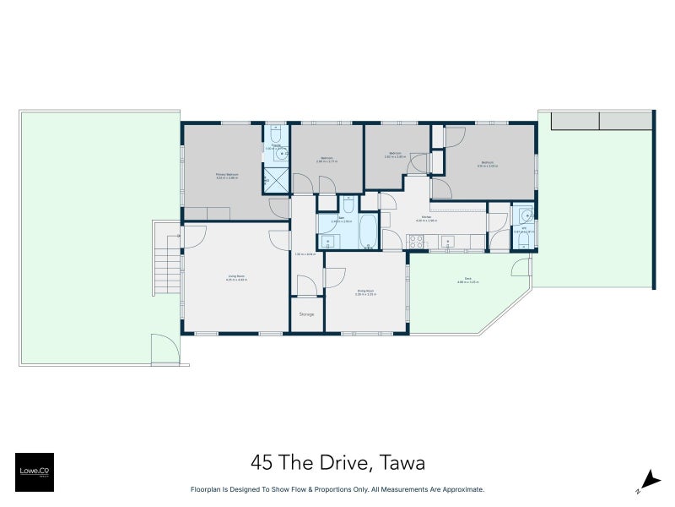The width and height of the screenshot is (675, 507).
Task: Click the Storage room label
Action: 306,314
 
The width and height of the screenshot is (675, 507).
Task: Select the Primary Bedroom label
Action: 227,176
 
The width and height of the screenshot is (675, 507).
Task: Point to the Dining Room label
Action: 365,292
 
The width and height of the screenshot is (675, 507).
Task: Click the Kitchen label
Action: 427,217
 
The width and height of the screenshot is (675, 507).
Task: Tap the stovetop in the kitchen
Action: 416,241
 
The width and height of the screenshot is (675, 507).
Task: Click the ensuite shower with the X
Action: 275,179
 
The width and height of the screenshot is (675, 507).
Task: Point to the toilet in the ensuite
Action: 276,135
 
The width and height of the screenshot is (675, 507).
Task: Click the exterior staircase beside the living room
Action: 167,262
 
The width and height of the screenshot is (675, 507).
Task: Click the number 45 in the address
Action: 262,462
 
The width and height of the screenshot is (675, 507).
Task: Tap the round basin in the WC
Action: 524,215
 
